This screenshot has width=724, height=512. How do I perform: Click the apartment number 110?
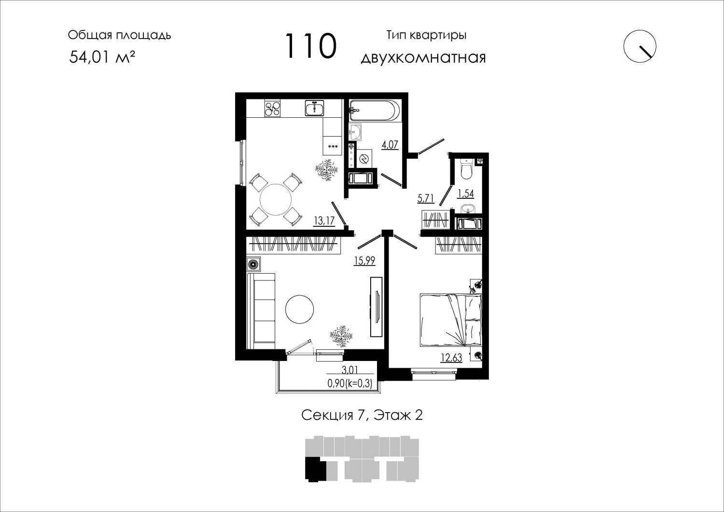click(x=311, y=46)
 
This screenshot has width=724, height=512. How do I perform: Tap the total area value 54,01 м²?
click(x=102, y=57)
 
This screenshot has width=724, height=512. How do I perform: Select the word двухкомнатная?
click(x=423, y=58)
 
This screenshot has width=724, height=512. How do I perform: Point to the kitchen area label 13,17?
click(x=324, y=221)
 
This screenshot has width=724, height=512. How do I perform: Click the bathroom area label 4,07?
click(x=390, y=145)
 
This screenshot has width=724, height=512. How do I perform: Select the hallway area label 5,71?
click(x=426, y=198)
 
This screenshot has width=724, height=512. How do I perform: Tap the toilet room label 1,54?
click(x=466, y=194)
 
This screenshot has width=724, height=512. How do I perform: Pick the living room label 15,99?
click(x=364, y=261)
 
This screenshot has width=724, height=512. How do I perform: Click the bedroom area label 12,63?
click(x=451, y=358)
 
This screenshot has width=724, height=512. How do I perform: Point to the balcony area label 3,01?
click(x=350, y=370)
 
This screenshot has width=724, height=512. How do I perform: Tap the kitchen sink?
click(x=315, y=108)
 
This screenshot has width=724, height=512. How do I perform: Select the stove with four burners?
click(x=273, y=108)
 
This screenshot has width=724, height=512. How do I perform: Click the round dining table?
click(x=276, y=199)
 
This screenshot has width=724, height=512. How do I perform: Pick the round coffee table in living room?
click(x=299, y=309)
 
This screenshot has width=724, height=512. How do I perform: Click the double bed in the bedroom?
click(x=451, y=320)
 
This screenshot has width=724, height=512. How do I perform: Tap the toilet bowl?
click(x=467, y=169)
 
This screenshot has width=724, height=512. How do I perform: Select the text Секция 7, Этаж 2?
click(x=362, y=415)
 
